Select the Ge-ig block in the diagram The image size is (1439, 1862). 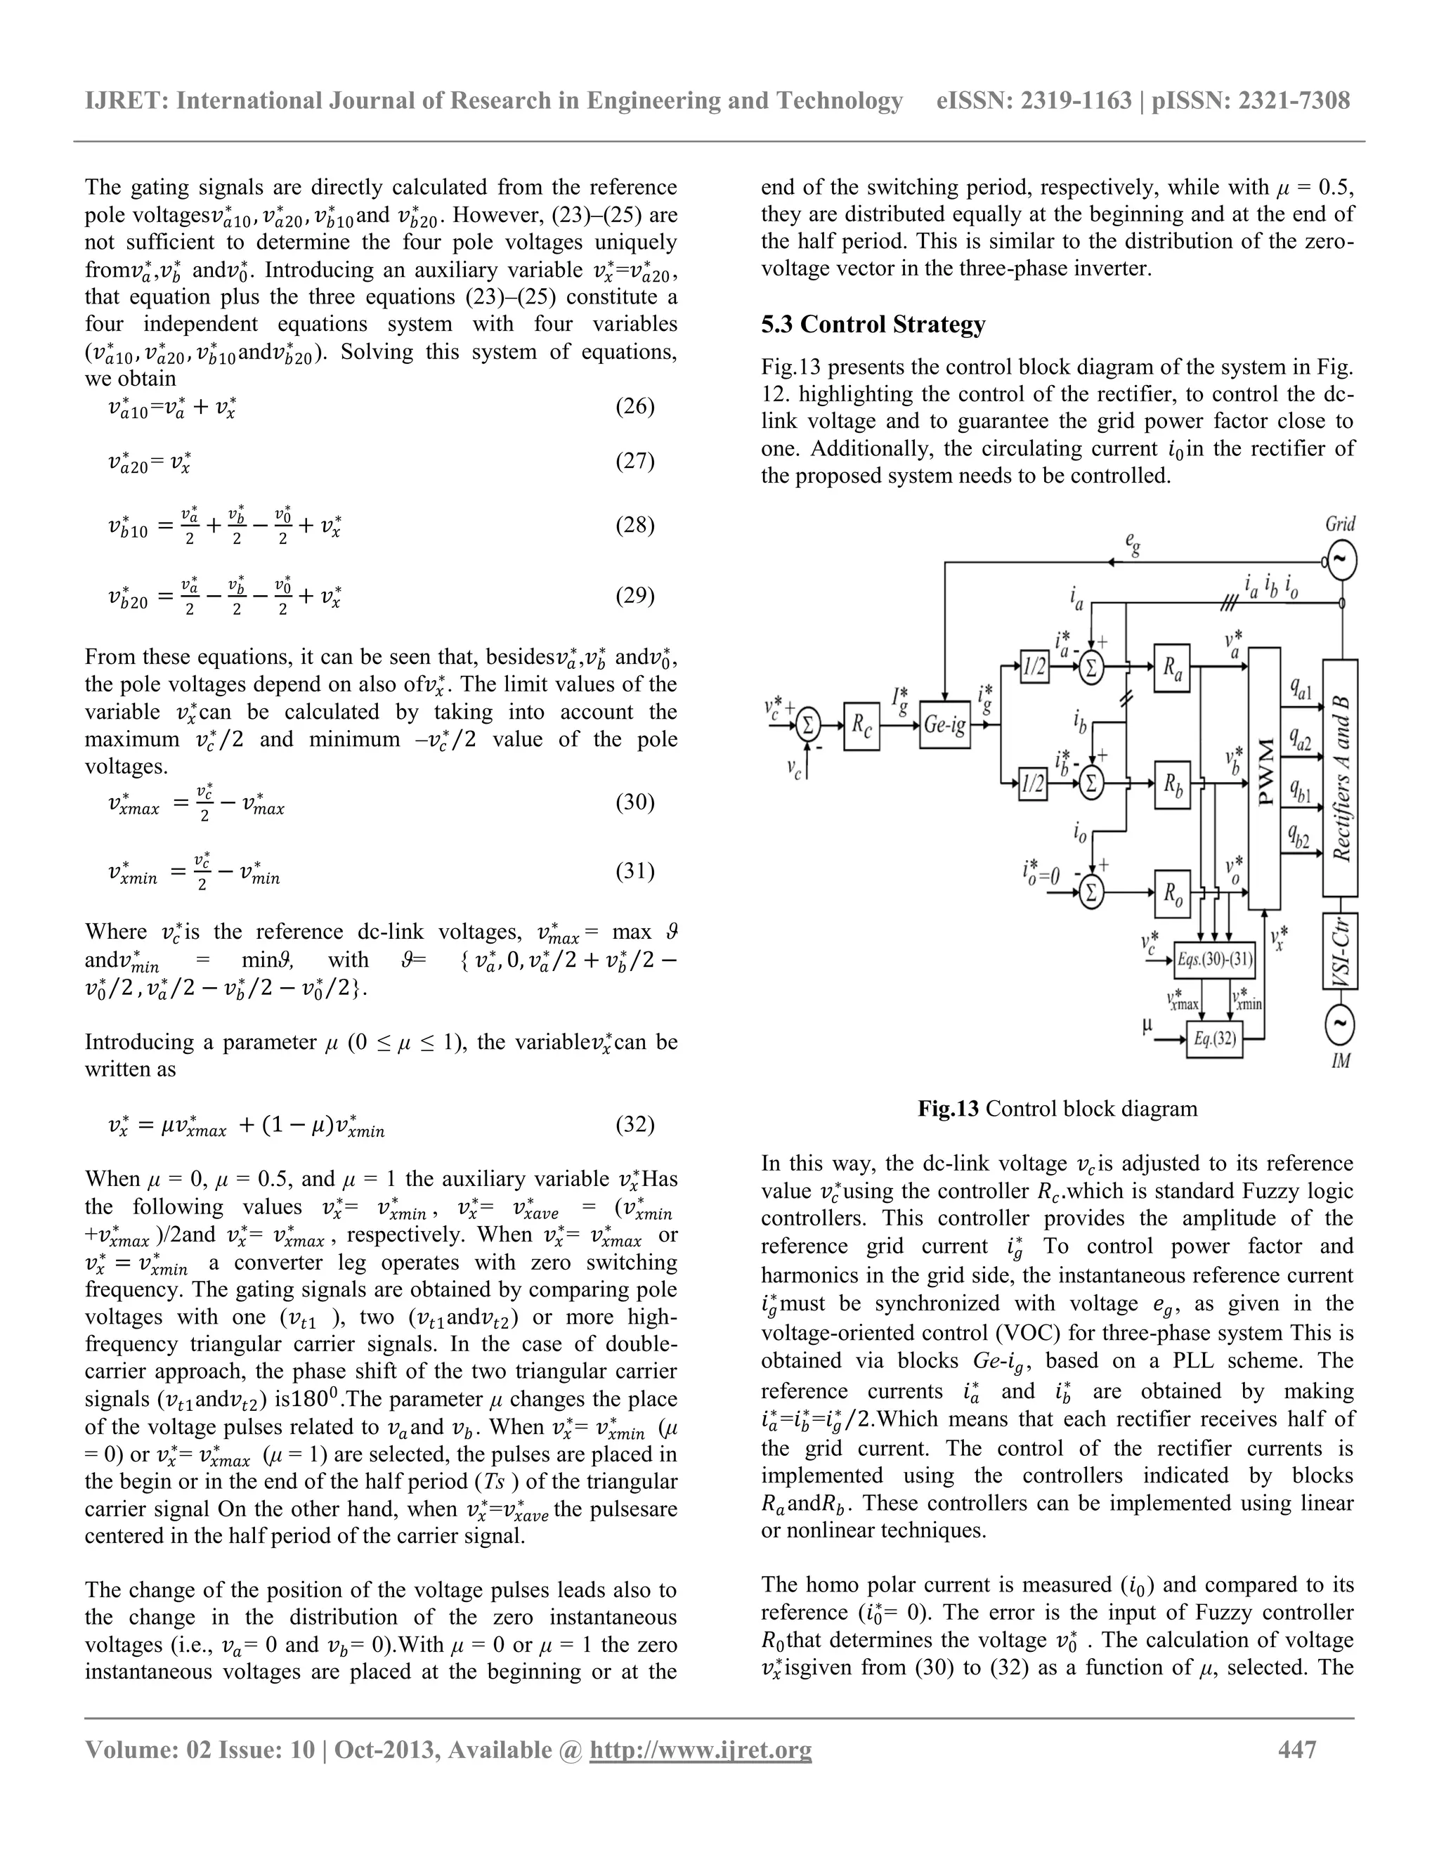[x=944, y=726]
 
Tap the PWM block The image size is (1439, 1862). [x=1264, y=778]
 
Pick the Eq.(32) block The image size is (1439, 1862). [x=1214, y=1039]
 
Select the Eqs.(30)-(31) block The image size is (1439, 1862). [x=1214, y=960]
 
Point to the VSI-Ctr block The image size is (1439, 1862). [x=1340, y=951]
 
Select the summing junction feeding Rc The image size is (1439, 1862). [x=808, y=726]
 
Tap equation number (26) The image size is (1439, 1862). [x=635, y=407]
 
